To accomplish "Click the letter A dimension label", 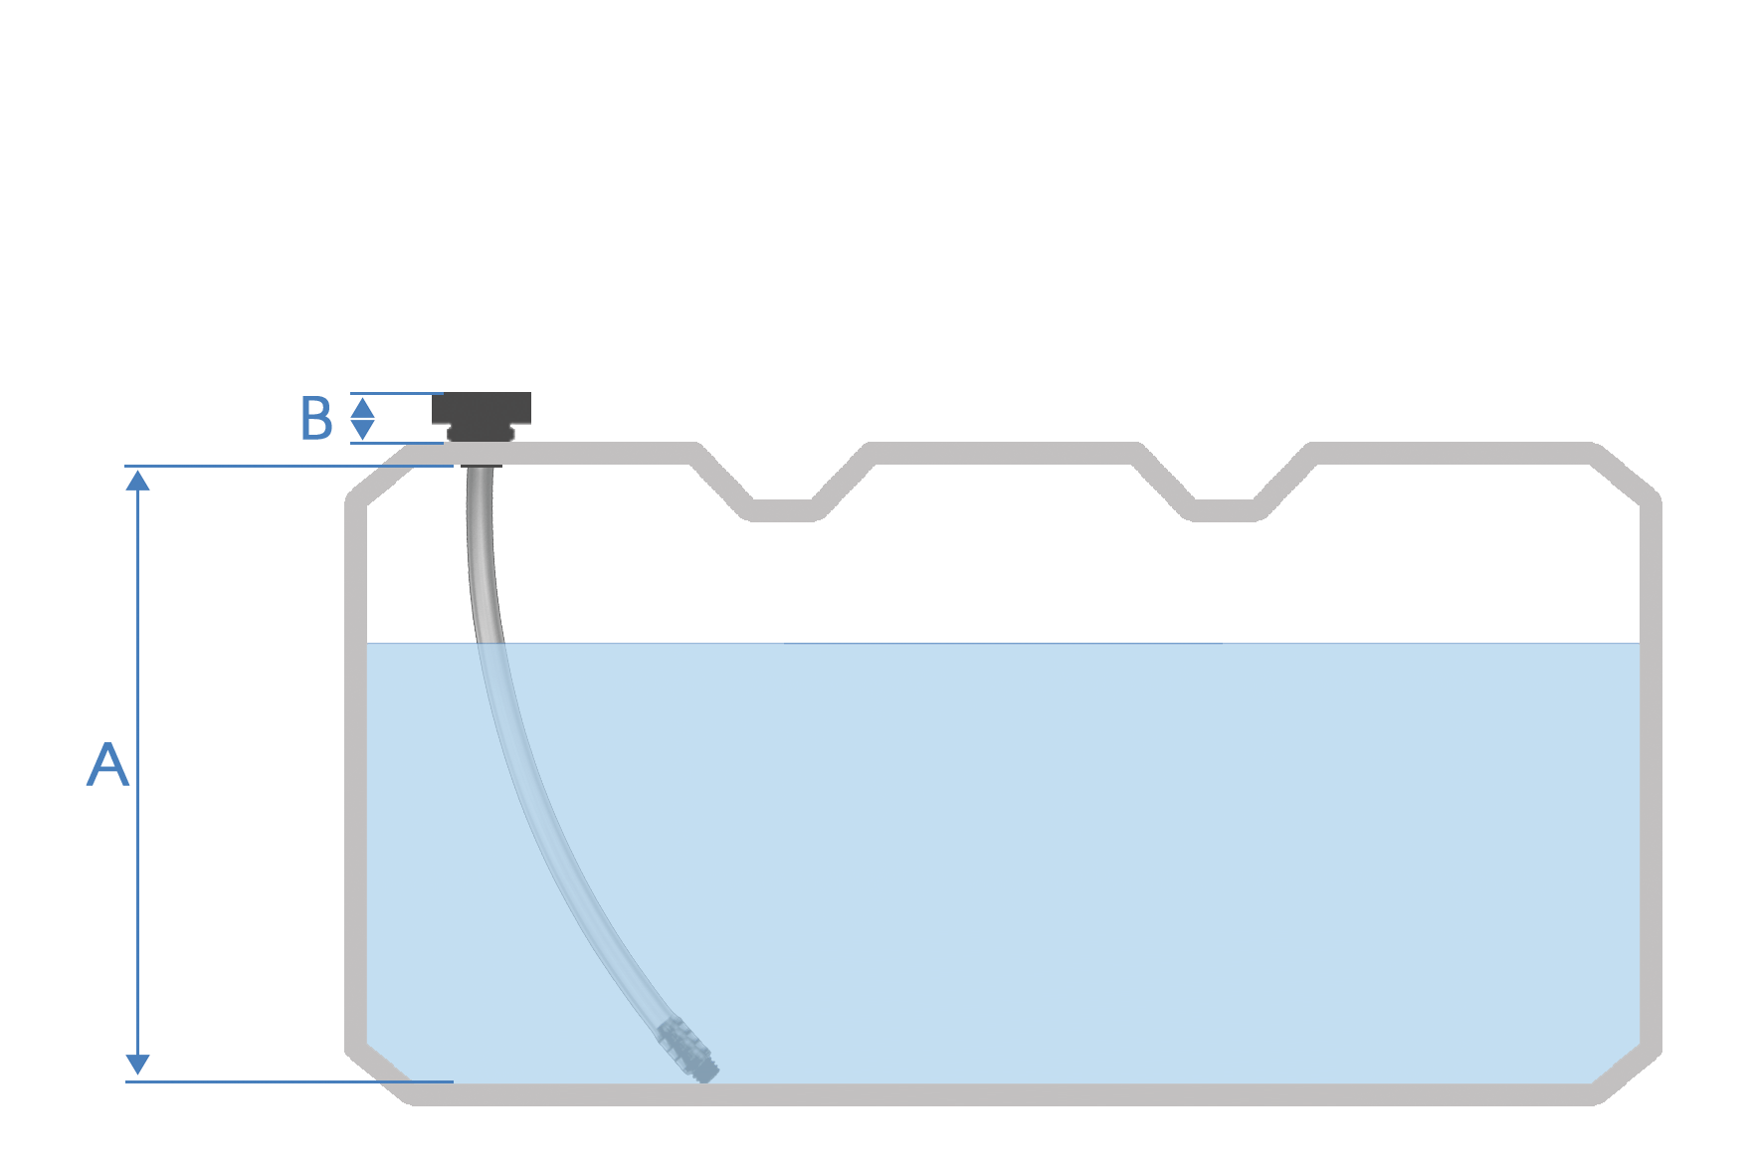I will [107, 765].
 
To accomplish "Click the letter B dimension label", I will [316, 419].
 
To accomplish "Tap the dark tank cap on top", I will [482, 408].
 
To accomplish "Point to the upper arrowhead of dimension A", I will [137, 480].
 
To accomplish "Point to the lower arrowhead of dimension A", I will [137, 1066].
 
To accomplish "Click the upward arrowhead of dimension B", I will [363, 407].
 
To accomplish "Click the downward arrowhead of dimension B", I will [363, 430].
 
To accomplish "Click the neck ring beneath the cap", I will [481, 434].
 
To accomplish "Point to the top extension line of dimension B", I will [396, 394].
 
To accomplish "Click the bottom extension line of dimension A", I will [289, 1080].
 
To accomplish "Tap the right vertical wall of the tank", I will [1651, 776].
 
